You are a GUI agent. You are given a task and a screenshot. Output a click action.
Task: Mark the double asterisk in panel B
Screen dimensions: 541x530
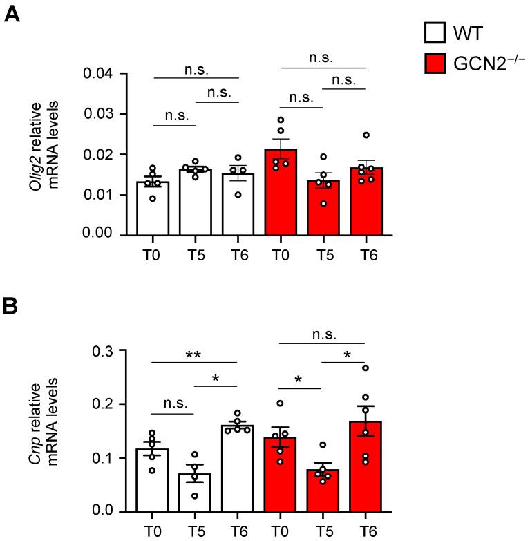(x=195, y=354)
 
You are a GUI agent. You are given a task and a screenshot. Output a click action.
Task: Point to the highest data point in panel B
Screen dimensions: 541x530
(x=366, y=368)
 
